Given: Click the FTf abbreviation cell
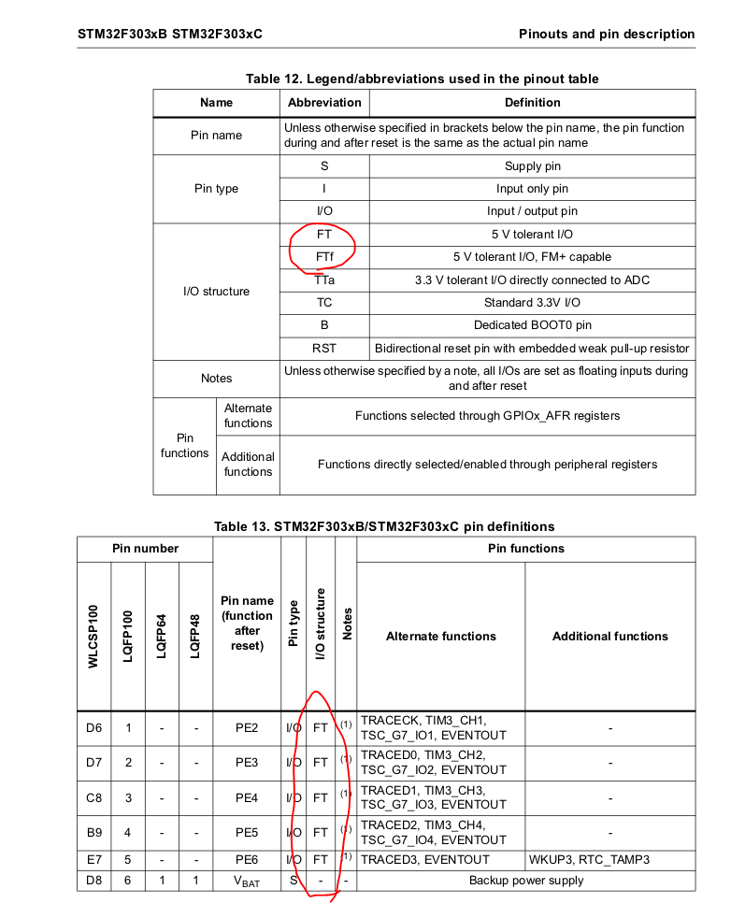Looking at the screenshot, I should click(x=324, y=257).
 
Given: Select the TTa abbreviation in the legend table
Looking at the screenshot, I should click(x=324, y=280).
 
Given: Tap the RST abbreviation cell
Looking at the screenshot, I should click(x=324, y=349).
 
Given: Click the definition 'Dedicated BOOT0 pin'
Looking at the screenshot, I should click(x=532, y=325).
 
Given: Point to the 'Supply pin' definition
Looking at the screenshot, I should click(x=532, y=166).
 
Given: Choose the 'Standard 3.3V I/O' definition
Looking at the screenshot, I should click(x=532, y=303).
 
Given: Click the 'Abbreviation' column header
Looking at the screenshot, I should click(x=324, y=103).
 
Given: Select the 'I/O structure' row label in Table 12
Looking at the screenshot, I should click(x=216, y=292).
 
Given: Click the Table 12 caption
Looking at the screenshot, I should click(x=423, y=79).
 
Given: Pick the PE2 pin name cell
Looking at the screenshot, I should click(x=247, y=728).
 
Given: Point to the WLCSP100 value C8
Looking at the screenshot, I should click(x=93, y=797).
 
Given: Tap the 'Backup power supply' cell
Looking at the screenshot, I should click(x=525, y=881).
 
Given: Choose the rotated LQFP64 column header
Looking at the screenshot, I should click(x=162, y=636).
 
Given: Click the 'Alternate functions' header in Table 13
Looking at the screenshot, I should click(x=441, y=637).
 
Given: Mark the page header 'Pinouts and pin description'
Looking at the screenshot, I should click(x=607, y=35).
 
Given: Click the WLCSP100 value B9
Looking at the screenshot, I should click(x=93, y=832).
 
